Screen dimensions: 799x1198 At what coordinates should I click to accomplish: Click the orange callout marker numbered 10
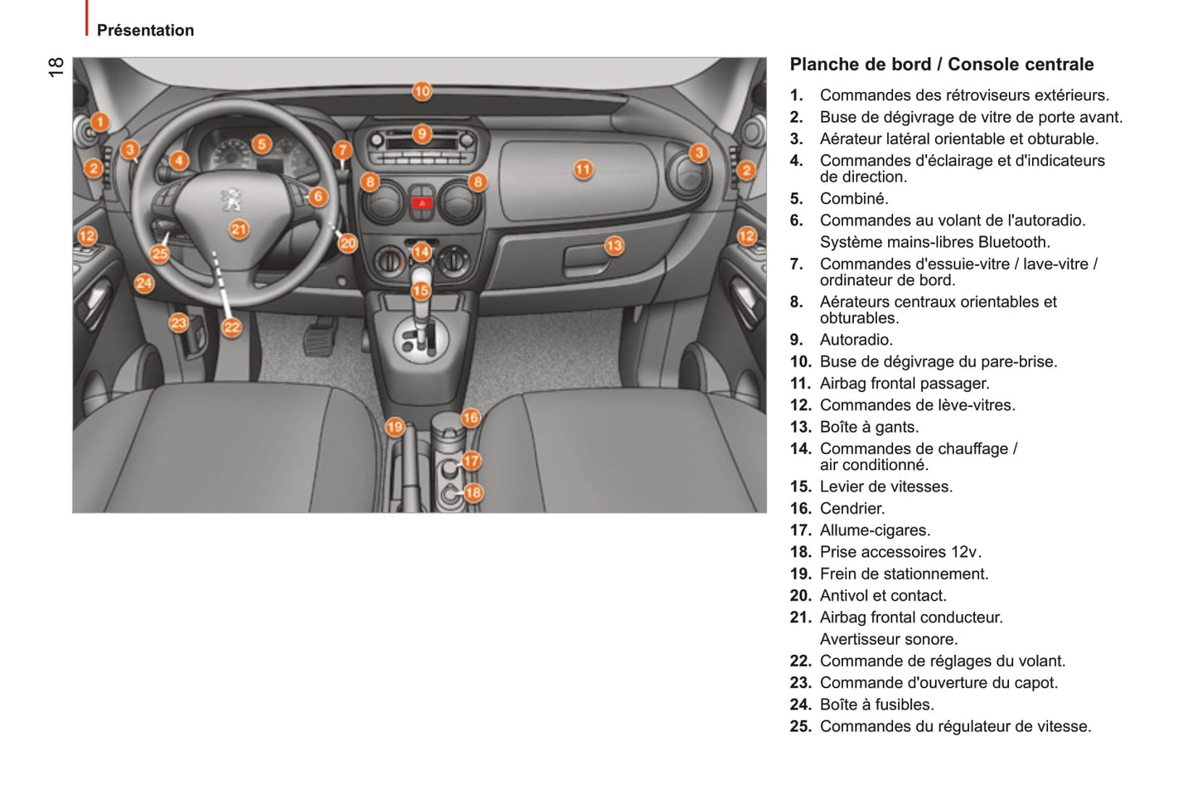[422, 91]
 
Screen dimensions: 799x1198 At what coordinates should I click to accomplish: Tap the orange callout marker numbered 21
[239, 229]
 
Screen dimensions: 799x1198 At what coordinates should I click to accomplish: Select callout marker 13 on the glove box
[614, 245]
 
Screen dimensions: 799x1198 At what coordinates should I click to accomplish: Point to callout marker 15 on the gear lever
[421, 290]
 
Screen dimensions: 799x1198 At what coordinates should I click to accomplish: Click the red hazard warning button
[422, 202]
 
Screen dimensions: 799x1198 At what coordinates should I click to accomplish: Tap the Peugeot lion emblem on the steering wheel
[232, 199]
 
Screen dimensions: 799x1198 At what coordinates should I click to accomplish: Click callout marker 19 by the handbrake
[395, 427]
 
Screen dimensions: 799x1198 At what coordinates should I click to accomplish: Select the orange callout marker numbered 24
[144, 283]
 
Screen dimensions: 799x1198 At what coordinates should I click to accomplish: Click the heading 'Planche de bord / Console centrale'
[941, 65]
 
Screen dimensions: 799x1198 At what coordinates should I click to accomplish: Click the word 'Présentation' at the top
[145, 31]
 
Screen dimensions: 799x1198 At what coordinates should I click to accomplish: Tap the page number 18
[56, 67]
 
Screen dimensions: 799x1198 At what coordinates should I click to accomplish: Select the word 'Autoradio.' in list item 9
[856, 340]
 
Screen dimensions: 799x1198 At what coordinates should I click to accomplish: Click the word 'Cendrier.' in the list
[851, 509]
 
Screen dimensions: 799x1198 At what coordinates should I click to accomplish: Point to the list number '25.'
[800, 727]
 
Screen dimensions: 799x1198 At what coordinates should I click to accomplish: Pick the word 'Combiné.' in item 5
[854, 199]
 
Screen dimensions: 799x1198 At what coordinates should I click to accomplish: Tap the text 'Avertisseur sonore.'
[888, 639]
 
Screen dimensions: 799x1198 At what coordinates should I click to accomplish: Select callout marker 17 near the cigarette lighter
[471, 461]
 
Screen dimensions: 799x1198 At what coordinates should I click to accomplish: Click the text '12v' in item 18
[964, 552]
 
